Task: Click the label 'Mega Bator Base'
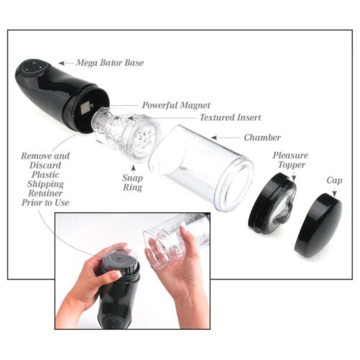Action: (110, 63)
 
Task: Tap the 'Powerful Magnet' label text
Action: (172, 104)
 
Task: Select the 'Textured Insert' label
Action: (230, 117)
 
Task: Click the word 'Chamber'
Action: (261, 137)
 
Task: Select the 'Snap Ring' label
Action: (132, 183)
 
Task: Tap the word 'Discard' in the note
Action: (45, 166)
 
